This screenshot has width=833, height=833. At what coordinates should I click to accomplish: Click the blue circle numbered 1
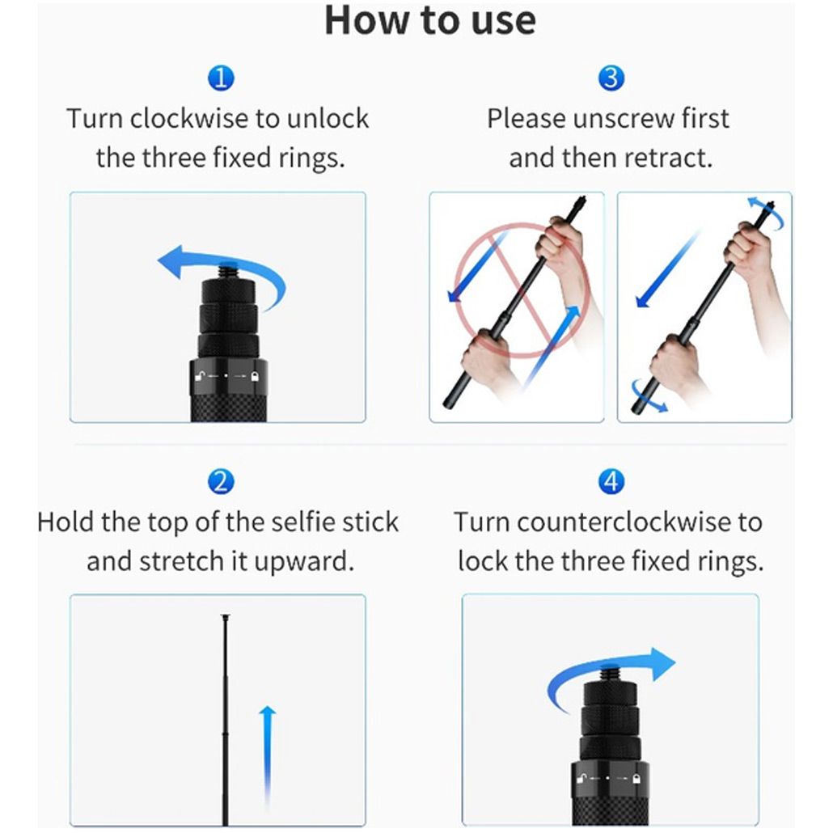pyautogui.click(x=221, y=78)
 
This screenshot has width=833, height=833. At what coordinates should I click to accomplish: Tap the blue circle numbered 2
pyautogui.click(x=221, y=481)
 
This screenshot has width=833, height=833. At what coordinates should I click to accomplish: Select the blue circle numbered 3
pyautogui.click(x=611, y=78)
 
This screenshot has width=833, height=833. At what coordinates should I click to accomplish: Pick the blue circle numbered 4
pyautogui.click(x=611, y=481)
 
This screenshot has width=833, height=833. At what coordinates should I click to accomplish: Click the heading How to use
pyautogui.click(x=429, y=20)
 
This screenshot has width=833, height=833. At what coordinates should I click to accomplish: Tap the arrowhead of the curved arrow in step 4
pyautogui.click(x=663, y=663)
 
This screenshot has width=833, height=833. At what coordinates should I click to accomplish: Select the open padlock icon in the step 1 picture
pyautogui.click(x=201, y=377)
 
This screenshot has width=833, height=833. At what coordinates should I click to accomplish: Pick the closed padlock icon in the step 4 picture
pyautogui.click(x=637, y=780)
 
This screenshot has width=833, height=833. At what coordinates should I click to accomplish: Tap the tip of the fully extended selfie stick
pyautogui.click(x=226, y=616)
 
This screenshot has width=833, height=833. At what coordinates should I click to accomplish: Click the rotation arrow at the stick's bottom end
pyautogui.click(x=648, y=395)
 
